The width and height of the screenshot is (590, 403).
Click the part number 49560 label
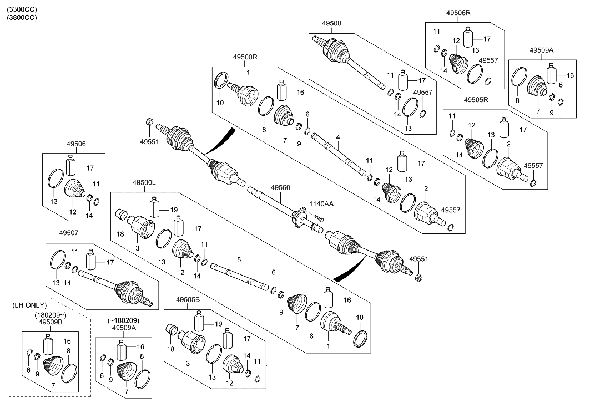(280, 188)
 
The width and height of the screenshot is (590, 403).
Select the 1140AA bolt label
(322, 205)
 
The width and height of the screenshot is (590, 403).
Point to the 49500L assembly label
(144, 182)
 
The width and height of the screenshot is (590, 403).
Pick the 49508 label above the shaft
(331, 23)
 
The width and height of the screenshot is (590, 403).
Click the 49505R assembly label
(475, 100)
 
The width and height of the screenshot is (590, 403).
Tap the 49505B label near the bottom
(188, 300)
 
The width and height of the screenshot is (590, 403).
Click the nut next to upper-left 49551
(149, 121)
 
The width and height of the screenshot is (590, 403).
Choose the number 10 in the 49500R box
(219, 103)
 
